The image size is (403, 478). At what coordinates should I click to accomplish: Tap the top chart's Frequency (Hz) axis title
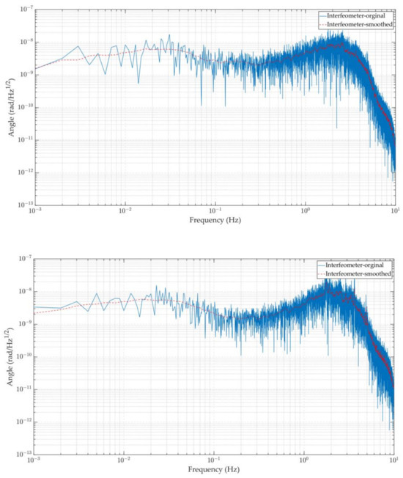(216, 219)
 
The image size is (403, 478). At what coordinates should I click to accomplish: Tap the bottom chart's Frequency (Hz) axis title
(216, 468)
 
